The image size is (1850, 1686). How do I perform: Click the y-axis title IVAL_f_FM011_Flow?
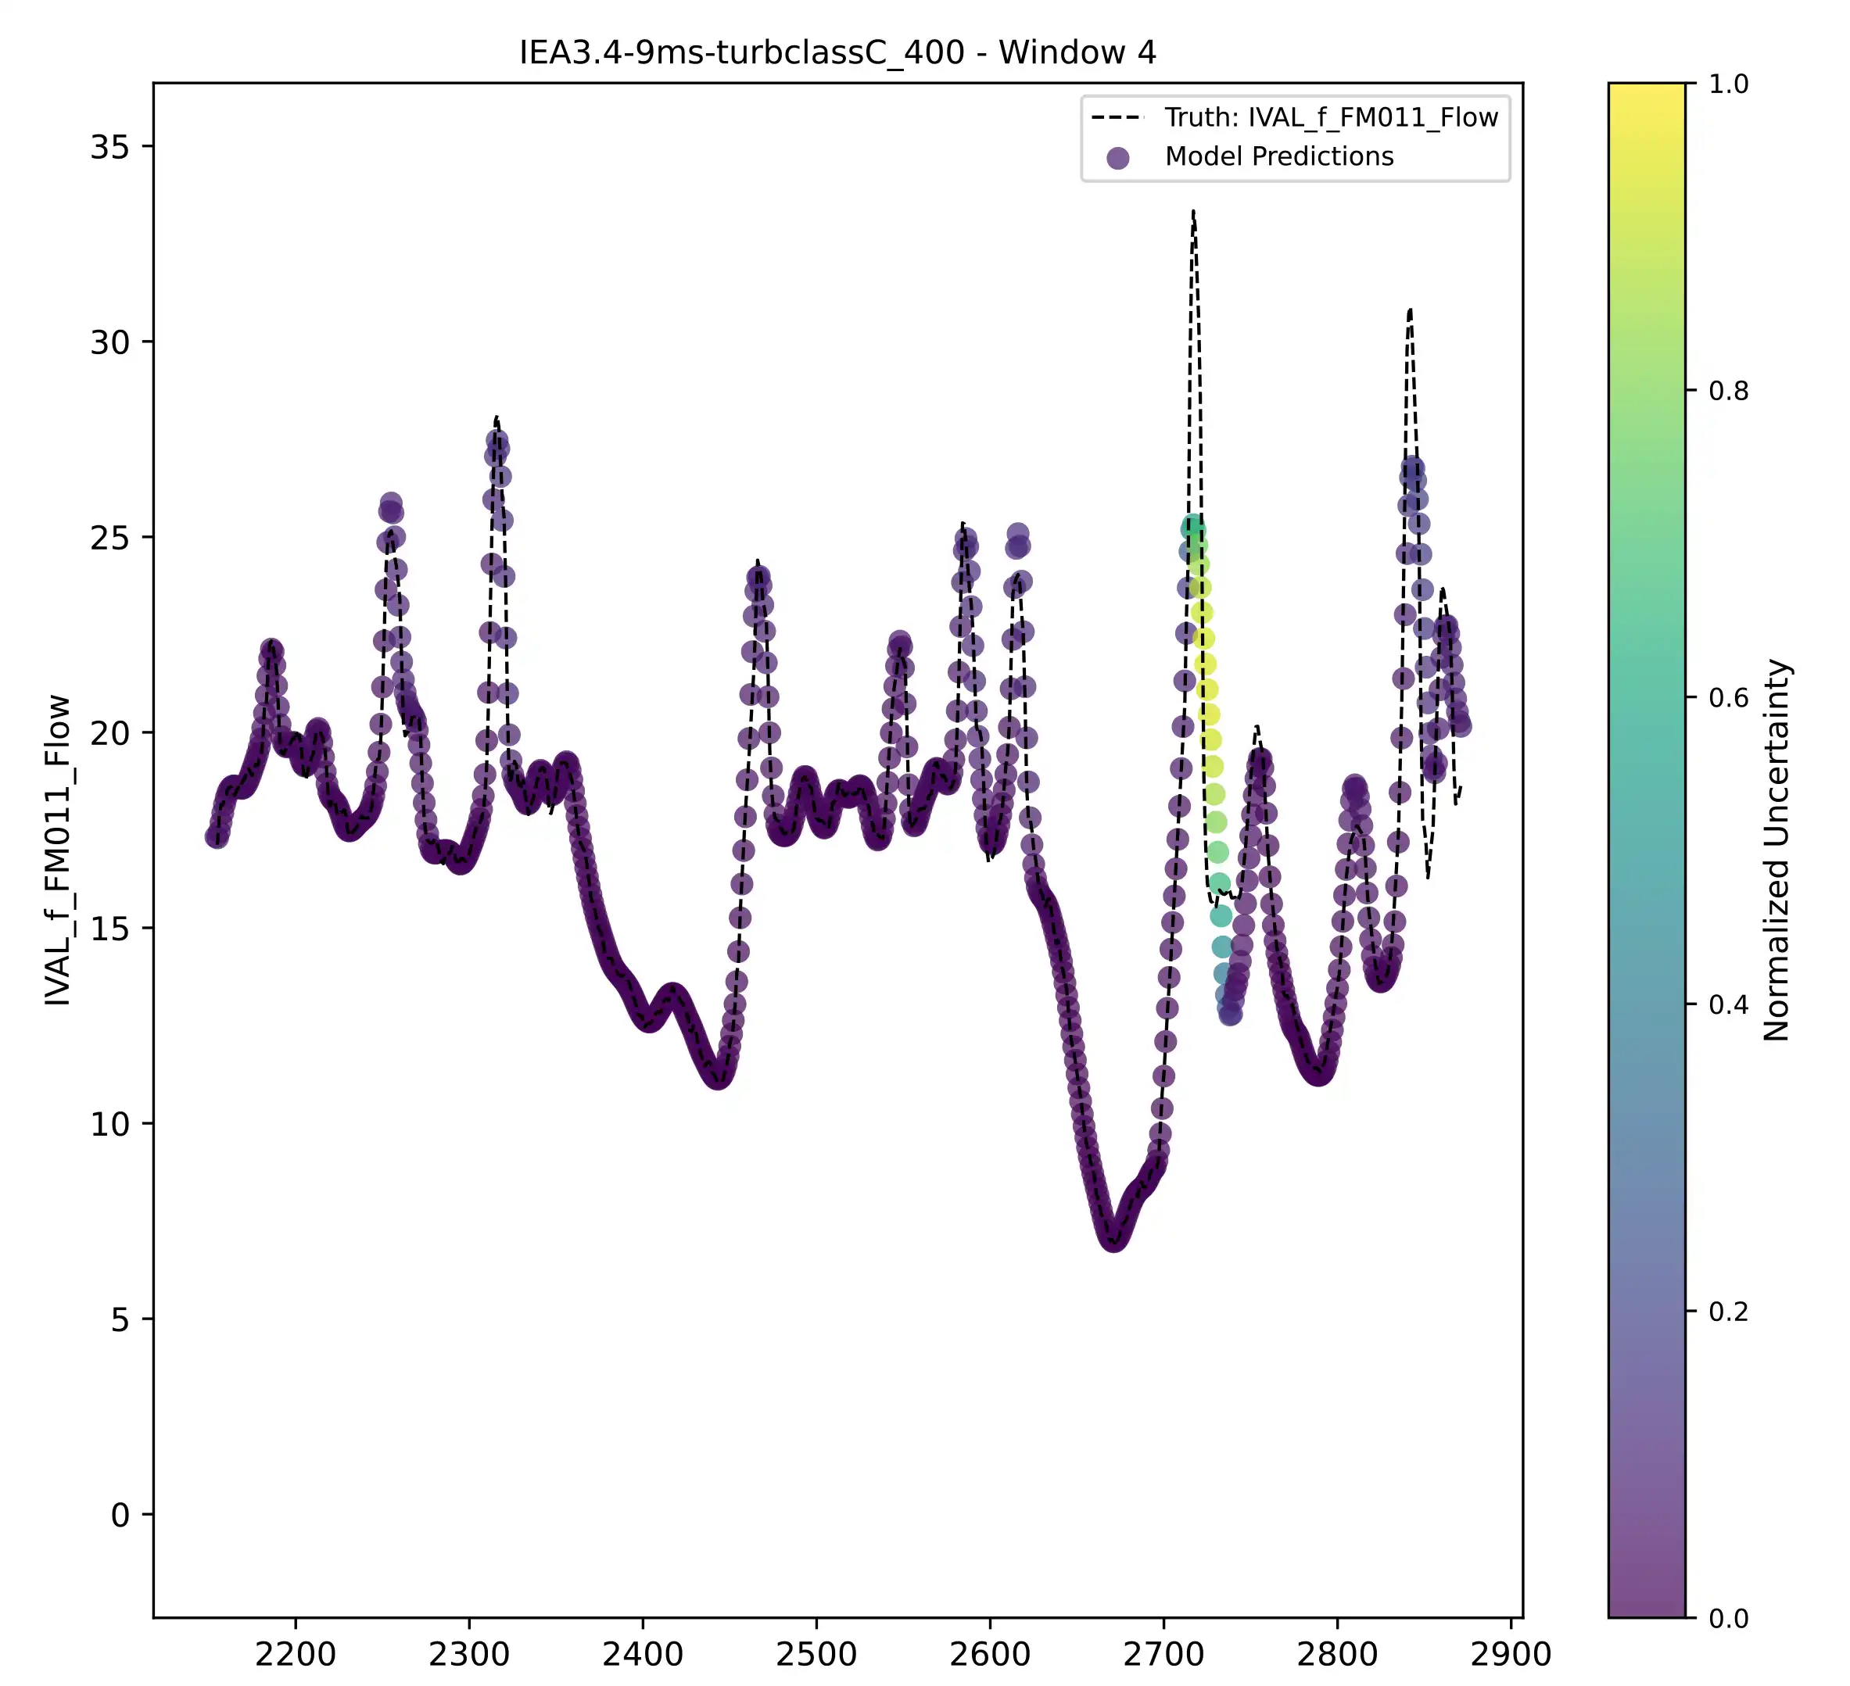(58, 850)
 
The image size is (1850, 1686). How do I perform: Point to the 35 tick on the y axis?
(109, 147)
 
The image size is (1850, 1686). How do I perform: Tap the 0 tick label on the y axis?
(120, 1516)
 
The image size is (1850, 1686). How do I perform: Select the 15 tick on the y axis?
(109, 929)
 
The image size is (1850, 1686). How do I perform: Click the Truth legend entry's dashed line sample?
(1117, 117)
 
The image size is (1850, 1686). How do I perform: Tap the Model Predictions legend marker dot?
(1117, 158)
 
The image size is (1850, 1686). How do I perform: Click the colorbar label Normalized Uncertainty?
(1777, 850)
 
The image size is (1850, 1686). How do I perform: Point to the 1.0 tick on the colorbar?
(1729, 84)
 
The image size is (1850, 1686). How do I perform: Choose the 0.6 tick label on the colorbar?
(1729, 698)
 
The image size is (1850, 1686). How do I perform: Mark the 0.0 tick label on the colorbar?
(1729, 1618)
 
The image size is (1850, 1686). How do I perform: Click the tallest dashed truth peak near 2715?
(1193, 213)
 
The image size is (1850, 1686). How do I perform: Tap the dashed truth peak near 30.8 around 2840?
(1410, 311)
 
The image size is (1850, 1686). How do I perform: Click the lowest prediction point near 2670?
(1114, 1238)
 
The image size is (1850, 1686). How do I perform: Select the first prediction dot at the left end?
(217, 836)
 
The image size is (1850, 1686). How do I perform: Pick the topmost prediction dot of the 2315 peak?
(497, 441)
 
